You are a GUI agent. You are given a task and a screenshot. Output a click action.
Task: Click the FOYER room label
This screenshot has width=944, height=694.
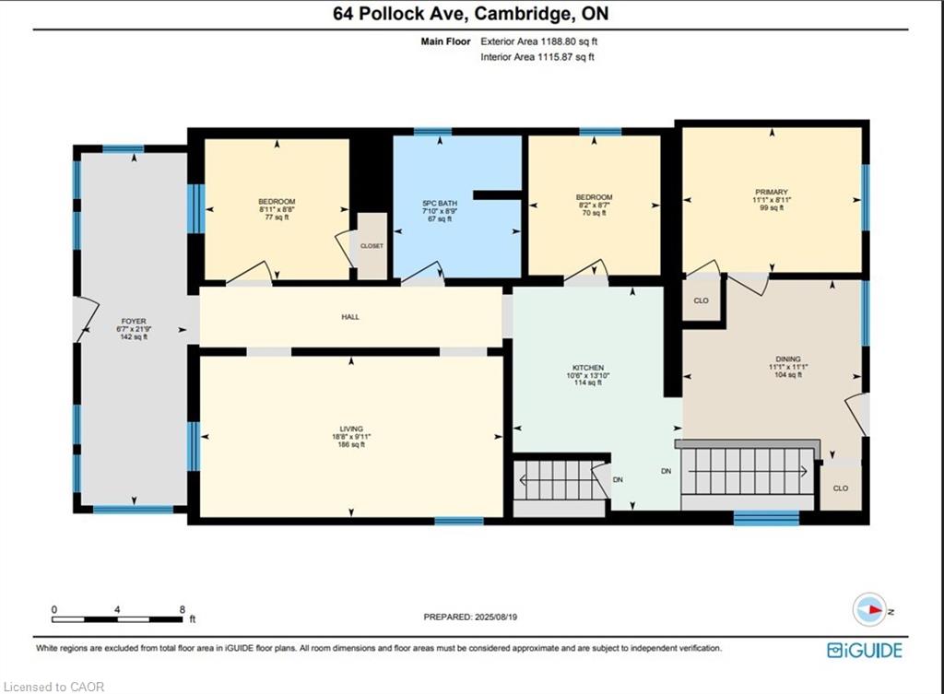(x=134, y=322)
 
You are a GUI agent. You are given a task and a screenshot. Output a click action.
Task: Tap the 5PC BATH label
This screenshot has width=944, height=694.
(x=440, y=204)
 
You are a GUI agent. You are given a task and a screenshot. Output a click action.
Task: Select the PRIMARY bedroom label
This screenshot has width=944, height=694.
(x=772, y=192)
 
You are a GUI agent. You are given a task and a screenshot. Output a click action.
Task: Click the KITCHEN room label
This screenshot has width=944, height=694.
(x=588, y=367)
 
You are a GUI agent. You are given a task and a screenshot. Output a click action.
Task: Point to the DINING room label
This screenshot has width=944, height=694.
(x=788, y=359)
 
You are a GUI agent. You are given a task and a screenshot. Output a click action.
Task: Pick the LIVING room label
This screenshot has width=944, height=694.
(x=351, y=429)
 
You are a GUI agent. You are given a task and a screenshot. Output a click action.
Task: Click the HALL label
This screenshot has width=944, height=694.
(x=350, y=317)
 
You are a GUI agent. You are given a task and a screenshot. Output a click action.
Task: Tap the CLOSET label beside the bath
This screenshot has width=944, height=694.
(x=372, y=246)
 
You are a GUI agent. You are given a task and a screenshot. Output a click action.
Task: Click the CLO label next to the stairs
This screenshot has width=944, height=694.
(x=841, y=488)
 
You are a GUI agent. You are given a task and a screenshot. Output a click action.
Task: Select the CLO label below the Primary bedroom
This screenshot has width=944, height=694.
(x=702, y=300)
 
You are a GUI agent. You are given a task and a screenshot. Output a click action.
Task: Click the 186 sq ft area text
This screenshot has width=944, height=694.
(x=351, y=445)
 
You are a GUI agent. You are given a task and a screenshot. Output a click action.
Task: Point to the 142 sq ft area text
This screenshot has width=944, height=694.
(x=134, y=337)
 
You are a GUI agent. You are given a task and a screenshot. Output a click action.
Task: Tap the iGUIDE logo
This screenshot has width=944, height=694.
(x=865, y=651)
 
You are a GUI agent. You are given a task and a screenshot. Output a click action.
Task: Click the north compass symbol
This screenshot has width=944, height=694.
(x=869, y=610)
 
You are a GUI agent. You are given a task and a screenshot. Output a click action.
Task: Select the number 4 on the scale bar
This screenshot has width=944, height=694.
(x=117, y=610)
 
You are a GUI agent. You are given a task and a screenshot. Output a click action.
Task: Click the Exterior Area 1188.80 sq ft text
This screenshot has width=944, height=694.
(x=538, y=41)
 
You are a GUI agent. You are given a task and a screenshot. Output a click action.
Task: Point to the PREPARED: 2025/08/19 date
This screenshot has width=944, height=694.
(x=470, y=617)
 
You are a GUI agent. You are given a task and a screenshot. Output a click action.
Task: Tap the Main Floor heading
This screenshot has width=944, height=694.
(x=445, y=41)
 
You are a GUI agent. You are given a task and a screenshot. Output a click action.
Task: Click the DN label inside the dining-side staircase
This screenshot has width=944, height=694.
(x=666, y=471)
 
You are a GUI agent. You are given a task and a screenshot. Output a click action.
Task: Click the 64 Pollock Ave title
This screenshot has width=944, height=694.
(x=400, y=13)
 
